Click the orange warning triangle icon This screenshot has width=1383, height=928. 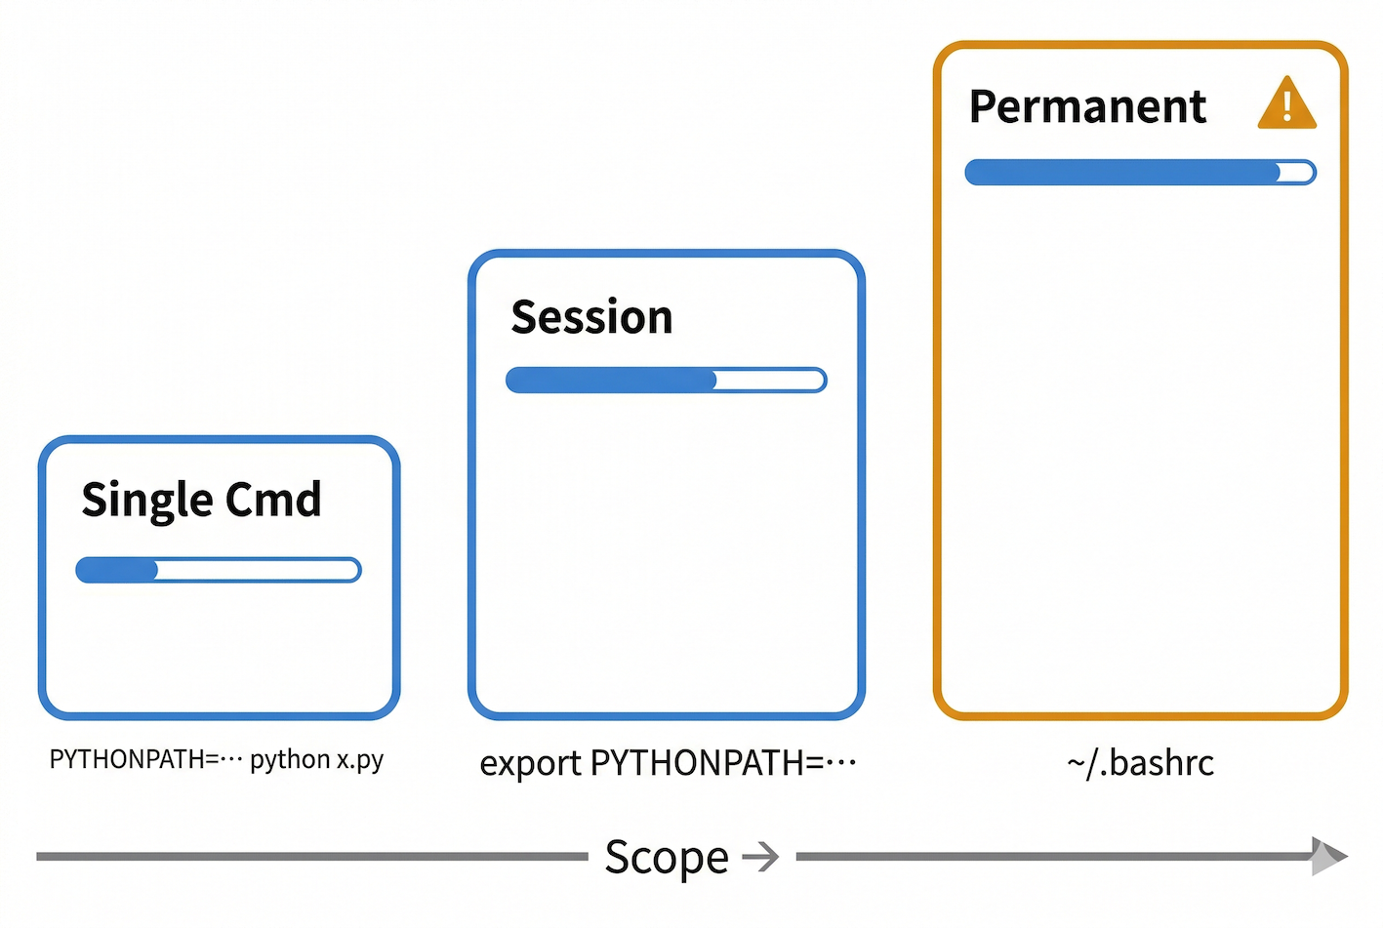(1287, 103)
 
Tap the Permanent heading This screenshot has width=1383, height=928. (1088, 106)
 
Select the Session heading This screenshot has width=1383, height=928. (591, 317)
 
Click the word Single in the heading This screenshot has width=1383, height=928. (148, 501)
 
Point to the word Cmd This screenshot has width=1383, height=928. (273, 499)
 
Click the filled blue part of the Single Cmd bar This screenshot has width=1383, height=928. (117, 570)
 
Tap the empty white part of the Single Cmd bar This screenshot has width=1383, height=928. (258, 570)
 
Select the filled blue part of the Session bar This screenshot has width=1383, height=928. (611, 381)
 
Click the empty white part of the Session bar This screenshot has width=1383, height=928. (770, 381)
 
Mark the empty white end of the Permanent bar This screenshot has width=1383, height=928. (1296, 173)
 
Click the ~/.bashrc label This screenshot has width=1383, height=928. (1141, 763)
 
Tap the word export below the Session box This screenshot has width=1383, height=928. (530, 764)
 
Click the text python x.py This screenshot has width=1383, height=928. (317, 760)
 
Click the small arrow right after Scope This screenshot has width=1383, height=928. (760, 857)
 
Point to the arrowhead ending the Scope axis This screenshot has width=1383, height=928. (1329, 857)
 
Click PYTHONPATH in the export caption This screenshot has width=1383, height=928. (698, 763)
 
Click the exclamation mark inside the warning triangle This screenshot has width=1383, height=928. (1287, 106)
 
